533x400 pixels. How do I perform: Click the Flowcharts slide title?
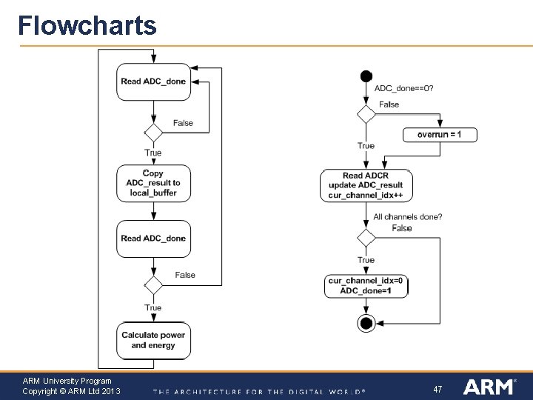[87, 26]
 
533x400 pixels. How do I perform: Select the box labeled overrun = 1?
[440, 135]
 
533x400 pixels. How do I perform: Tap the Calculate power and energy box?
[153, 341]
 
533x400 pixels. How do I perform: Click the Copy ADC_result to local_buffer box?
[153, 183]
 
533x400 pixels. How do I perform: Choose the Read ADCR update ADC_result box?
[366, 186]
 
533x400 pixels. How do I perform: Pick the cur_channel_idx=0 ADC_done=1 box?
[366, 286]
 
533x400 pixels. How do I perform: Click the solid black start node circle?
[366, 76]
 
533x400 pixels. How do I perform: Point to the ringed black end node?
[366, 323]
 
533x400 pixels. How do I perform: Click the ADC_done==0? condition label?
[404, 88]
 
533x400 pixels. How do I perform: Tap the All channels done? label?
[408, 217]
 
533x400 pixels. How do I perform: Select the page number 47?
[438, 389]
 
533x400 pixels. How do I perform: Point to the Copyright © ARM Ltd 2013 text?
[71, 391]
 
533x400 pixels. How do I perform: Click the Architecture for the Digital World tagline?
[259, 391]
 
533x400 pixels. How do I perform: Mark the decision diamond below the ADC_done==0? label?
[366, 114]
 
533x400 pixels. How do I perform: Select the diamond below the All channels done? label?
[366, 238]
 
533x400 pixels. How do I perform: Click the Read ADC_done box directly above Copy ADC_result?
[153, 81]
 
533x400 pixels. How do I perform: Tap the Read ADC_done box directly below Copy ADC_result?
[153, 239]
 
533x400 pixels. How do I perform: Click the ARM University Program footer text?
[67, 381]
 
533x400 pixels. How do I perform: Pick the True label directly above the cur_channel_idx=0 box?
[366, 260]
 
